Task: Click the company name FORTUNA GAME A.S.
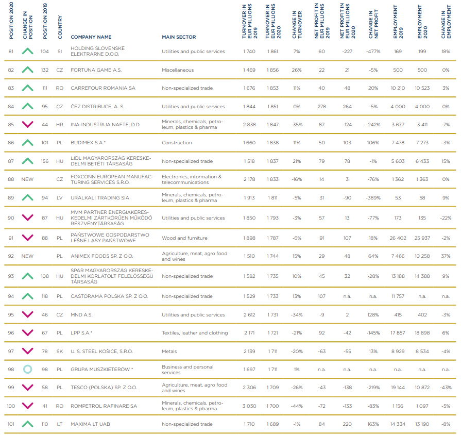coord(96,70)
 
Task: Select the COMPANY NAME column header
coord(91,37)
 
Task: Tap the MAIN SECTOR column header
coord(179,37)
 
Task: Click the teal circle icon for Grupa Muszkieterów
coord(27,370)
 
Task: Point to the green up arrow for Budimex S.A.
coord(27,143)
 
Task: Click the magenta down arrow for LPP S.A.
coord(27,333)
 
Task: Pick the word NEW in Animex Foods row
coord(27,256)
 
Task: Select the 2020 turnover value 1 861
coord(273,52)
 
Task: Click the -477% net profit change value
coord(373,52)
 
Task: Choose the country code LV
coord(60,198)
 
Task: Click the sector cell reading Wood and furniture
coord(184,238)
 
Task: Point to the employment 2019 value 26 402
coord(398,238)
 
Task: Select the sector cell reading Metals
coord(169,352)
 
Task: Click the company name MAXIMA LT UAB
coord(90,424)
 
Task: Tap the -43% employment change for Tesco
coord(446,388)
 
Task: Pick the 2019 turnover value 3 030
coord(250,406)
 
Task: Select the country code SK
coord(60,352)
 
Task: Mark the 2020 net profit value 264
coord(348,107)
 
